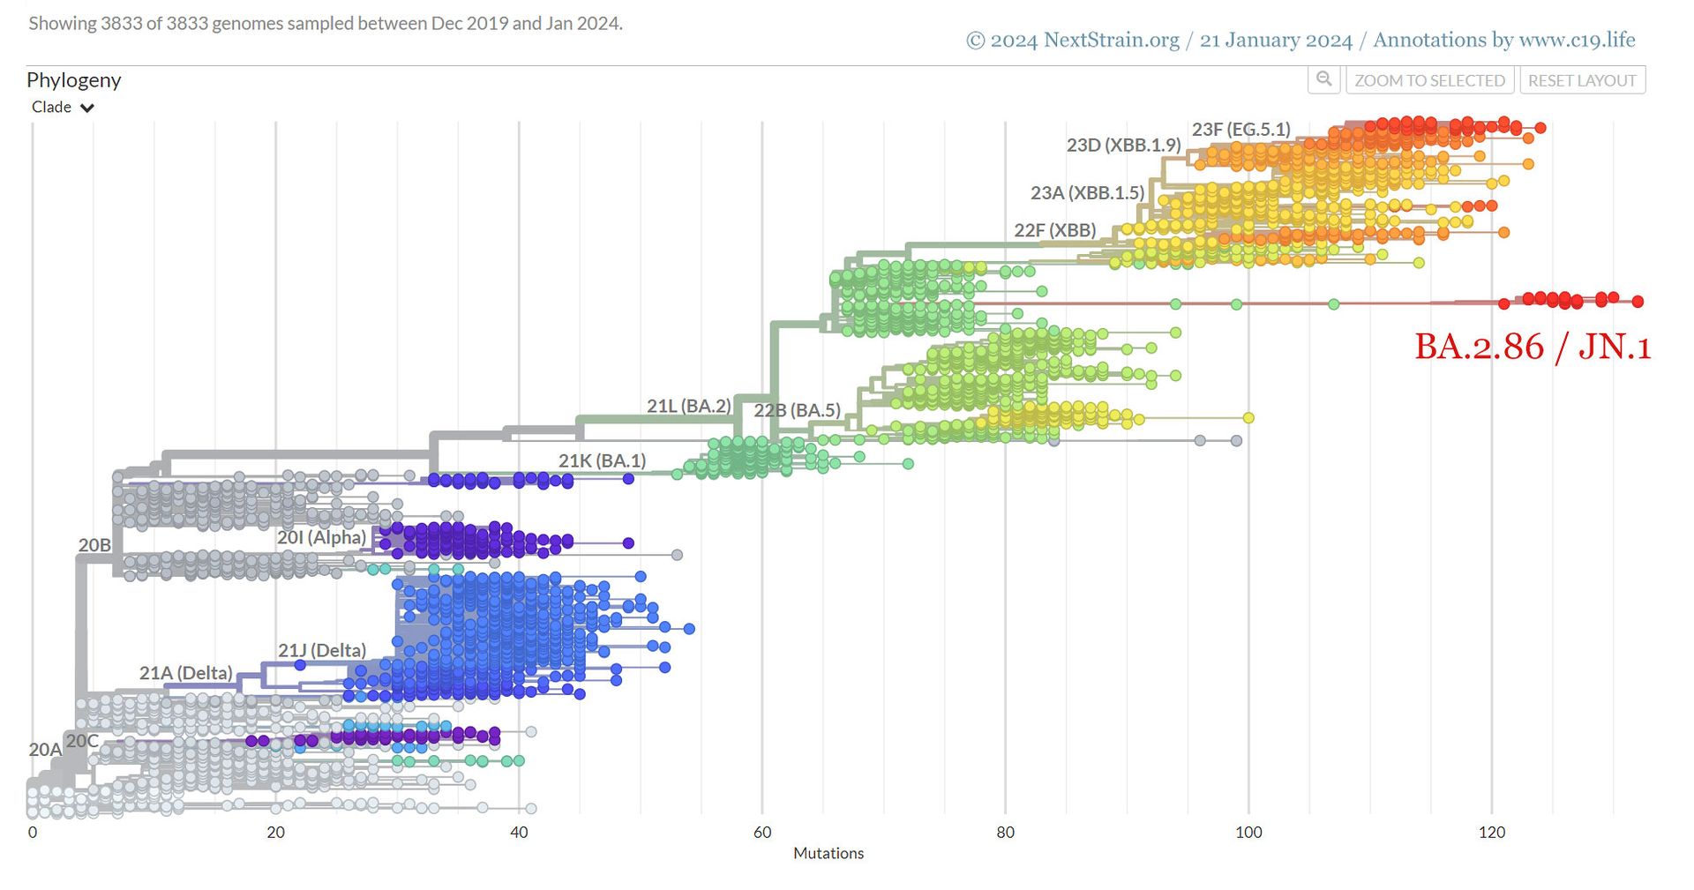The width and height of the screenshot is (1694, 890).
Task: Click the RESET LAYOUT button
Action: [x=1582, y=80]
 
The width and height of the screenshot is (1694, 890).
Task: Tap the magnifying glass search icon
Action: [x=1323, y=79]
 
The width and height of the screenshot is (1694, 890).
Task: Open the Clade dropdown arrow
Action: [x=87, y=108]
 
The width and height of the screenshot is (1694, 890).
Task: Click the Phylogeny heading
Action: [x=73, y=80]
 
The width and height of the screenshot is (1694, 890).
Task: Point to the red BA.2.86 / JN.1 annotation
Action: [x=1533, y=347]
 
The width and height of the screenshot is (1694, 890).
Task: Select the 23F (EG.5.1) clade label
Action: [x=1241, y=130]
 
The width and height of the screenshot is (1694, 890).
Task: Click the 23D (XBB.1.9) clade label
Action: [x=1123, y=146]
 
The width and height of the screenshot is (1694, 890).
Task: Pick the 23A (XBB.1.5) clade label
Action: [x=1087, y=193]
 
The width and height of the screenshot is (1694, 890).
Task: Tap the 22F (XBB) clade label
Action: [x=1054, y=231]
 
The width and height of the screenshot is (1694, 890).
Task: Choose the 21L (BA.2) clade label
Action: [x=688, y=406]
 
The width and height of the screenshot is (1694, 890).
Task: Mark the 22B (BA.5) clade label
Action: [x=797, y=411]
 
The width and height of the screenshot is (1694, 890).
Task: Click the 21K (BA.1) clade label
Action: [x=602, y=460]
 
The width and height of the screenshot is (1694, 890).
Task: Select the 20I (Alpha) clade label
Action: [x=321, y=537]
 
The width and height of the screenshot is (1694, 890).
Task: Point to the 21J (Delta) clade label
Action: [x=322, y=651]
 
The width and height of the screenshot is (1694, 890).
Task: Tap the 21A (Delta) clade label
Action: [x=185, y=673]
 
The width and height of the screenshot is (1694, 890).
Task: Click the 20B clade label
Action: [x=94, y=545]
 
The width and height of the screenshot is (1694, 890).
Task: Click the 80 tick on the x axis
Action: [x=1005, y=832]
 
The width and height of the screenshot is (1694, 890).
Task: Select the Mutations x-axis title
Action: [x=828, y=853]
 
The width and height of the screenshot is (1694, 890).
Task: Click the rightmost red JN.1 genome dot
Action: [x=1638, y=302]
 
